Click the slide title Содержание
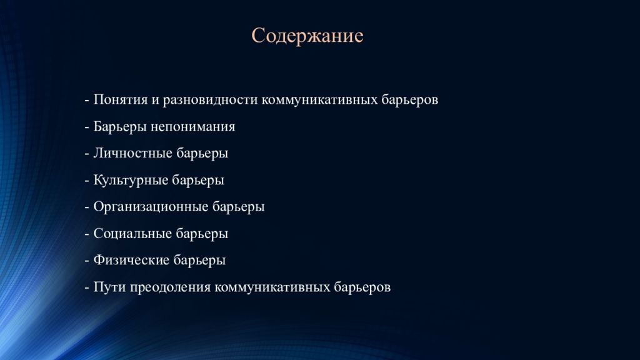click(x=307, y=36)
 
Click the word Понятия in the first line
click(x=121, y=99)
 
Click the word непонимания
click(x=192, y=127)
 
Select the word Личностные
click(x=132, y=153)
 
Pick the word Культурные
click(x=131, y=181)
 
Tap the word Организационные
click(x=151, y=207)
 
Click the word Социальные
click(x=132, y=234)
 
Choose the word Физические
click(x=131, y=260)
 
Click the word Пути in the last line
click(x=110, y=287)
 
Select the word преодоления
click(x=170, y=287)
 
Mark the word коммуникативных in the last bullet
click(x=272, y=287)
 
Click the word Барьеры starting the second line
click(x=120, y=127)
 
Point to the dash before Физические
click(x=87, y=261)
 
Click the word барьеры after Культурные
click(x=198, y=181)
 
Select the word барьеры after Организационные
click(x=239, y=207)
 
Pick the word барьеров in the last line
click(x=362, y=287)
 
